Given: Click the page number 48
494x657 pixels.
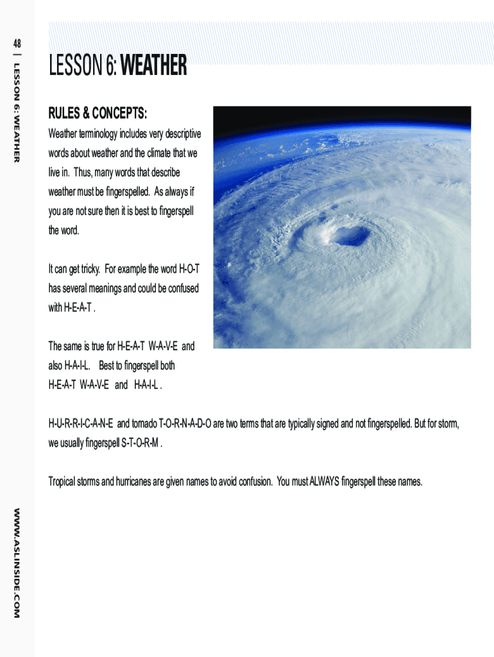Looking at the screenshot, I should pyautogui.click(x=17, y=44).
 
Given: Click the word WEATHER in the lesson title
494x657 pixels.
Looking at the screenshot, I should pyautogui.click(x=153, y=65).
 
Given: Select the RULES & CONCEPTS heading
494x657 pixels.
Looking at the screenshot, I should pyautogui.click(x=98, y=114).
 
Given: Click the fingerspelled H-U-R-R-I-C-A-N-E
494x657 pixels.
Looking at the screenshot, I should pyautogui.click(x=81, y=424).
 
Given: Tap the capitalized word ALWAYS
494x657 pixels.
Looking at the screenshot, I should pyautogui.click(x=325, y=482).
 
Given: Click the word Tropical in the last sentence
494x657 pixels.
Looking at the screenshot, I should pyautogui.click(x=64, y=482).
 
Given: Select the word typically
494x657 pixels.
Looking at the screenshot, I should pyautogui.click(x=305, y=424).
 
